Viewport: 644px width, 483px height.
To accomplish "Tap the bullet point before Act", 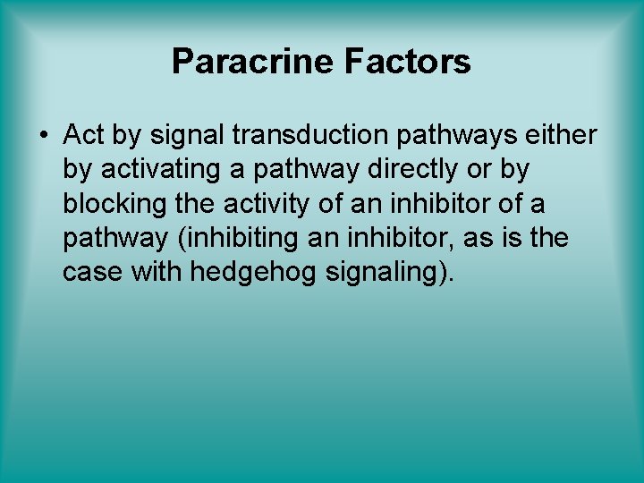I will click(43, 136).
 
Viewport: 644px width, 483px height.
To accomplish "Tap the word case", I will click(93, 271).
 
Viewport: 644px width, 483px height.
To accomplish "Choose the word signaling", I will click(388, 271).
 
